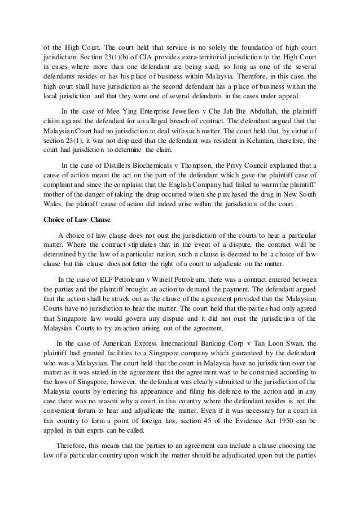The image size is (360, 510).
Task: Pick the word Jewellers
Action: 162,111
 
